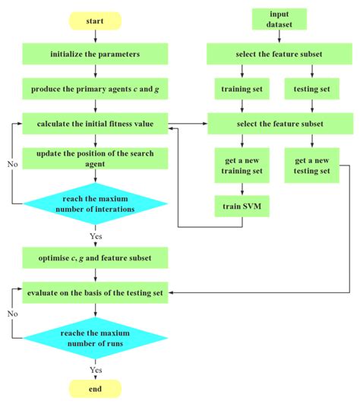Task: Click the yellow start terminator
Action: pos(95,21)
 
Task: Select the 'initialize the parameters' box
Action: pos(95,55)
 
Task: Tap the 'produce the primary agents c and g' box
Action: pos(95,89)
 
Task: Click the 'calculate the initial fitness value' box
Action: pos(95,123)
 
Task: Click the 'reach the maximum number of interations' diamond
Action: pos(95,204)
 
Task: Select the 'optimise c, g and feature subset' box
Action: pos(95,258)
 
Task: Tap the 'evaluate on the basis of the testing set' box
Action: pos(95,292)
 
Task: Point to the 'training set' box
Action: pos(242,89)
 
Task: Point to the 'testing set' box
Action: pos(311,89)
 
